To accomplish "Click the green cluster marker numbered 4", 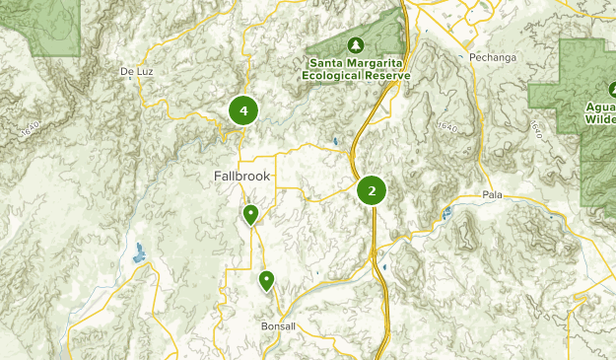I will pyautogui.click(x=242, y=110).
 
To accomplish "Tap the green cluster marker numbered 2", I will pyautogui.click(x=372, y=190).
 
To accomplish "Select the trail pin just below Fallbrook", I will pyautogui.click(x=251, y=214).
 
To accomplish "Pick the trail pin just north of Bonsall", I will pyautogui.click(x=266, y=281).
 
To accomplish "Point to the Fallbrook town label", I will pyautogui.click(x=241, y=177).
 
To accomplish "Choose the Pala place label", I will pyautogui.click(x=493, y=195).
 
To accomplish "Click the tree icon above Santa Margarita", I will pyautogui.click(x=356, y=45).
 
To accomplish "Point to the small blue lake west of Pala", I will pyautogui.click(x=447, y=212).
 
